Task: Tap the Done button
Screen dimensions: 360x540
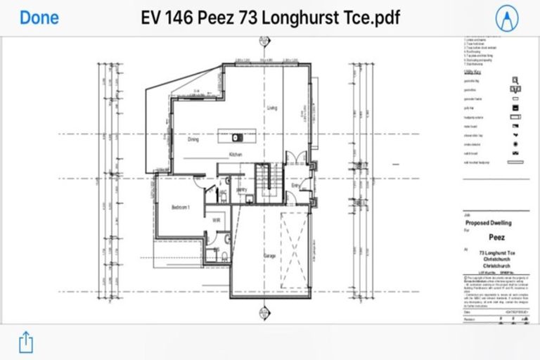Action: click(x=39, y=18)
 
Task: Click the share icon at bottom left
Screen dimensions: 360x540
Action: click(x=25, y=342)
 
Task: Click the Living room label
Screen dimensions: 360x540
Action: click(x=273, y=109)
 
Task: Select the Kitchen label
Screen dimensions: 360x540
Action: click(x=235, y=153)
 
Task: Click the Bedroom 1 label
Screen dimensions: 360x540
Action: click(x=181, y=207)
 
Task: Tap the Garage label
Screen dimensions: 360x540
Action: click(x=269, y=256)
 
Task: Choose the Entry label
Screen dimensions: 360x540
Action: click(x=287, y=186)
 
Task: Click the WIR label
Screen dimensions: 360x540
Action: click(x=217, y=220)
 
